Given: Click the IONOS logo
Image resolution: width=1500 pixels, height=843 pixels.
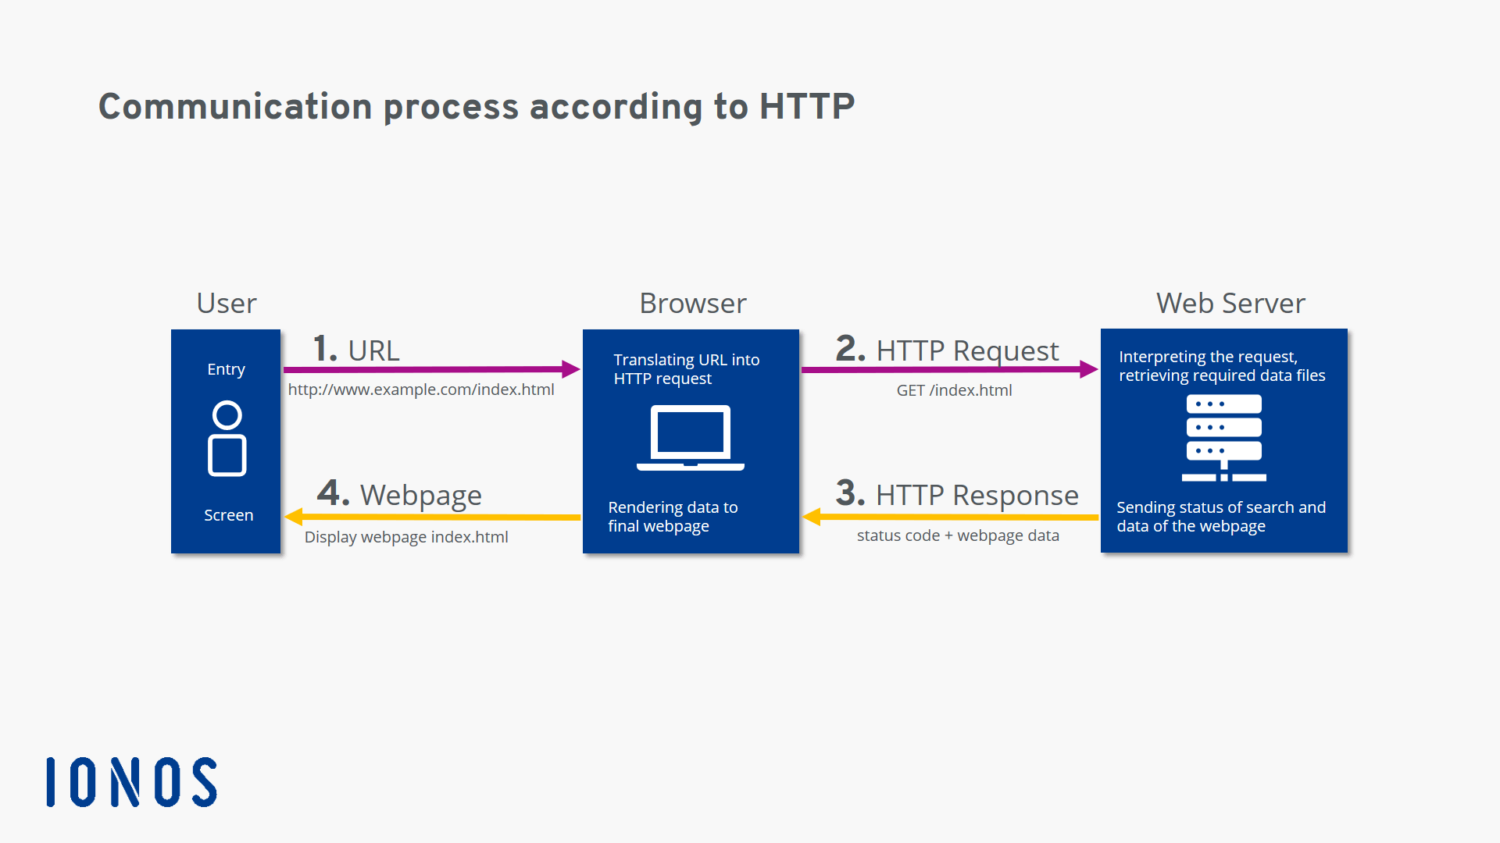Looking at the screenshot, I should coord(131,781).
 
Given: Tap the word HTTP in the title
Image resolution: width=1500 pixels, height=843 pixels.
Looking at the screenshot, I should coord(806,106).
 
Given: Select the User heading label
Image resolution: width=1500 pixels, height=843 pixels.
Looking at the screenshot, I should coord(226,303).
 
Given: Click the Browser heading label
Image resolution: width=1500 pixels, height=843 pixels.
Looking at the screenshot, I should coord(692,303).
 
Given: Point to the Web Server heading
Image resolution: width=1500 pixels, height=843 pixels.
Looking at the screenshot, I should coord(1230,303).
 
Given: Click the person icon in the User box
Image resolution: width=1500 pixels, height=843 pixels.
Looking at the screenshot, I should coord(227,438).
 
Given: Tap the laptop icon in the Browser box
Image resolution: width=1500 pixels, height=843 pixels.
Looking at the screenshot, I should coord(691,438).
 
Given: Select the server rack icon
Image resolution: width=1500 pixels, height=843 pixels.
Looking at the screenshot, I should coord(1223,438).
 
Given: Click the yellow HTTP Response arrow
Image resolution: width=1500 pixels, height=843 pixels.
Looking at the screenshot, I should coord(950,517).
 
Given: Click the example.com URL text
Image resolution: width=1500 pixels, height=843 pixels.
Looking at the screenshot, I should coord(421,389).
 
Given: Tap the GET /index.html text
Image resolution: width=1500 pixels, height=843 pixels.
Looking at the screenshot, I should coord(954,390).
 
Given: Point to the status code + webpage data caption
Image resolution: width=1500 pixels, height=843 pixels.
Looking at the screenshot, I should coord(958,535).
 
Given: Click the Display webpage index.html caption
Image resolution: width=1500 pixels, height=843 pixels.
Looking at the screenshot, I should coord(406,537).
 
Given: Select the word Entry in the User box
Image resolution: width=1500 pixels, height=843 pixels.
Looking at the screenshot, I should coord(226,369).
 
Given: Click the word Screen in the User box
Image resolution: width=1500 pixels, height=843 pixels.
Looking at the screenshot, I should coord(228,515).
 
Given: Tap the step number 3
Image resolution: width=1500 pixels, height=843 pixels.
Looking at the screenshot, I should coord(849,493).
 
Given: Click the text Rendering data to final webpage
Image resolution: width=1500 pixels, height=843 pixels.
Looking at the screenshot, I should coord(673,517).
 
